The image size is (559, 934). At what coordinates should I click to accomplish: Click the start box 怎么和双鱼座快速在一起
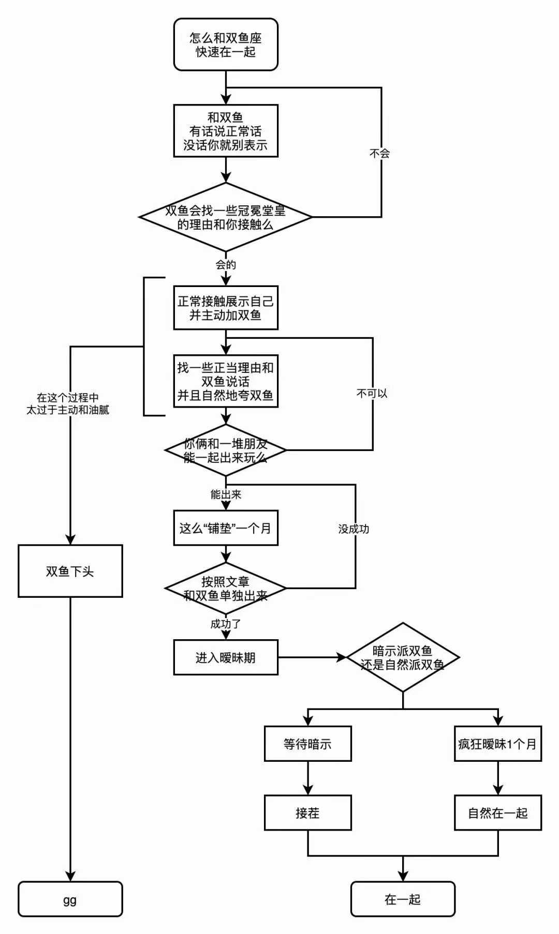coord(226,44)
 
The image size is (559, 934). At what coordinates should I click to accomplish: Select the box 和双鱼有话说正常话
coord(226,131)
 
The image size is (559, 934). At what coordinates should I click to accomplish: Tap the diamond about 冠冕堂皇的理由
coord(226,217)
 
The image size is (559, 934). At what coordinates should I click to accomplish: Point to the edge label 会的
coord(226,265)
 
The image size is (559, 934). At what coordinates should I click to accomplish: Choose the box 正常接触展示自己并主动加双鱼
coord(226,308)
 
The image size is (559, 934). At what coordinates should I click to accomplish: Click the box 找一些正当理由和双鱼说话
coord(226,381)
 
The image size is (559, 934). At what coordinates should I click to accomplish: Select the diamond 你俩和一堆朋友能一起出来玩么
coord(226,450)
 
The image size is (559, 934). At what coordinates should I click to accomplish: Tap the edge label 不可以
coord(372,394)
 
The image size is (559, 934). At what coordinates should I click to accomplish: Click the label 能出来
coord(226,495)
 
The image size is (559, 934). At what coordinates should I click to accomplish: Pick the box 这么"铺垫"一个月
coord(226,528)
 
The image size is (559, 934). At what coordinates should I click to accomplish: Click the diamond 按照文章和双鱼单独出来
coord(226,589)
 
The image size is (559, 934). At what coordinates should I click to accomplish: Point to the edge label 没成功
coord(354,529)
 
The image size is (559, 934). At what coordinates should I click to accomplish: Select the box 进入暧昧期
coord(226,657)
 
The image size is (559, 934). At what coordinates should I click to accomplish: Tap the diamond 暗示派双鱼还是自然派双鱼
coord(403,657)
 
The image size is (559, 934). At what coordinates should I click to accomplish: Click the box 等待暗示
coord(307,744)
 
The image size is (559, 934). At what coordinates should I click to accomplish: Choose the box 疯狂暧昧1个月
coord(497,744)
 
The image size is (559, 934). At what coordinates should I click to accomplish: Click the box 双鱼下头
coord(70,571)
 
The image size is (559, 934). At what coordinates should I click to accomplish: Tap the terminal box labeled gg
coord(70,900)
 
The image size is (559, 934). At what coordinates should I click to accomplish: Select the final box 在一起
coord(403,900)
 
